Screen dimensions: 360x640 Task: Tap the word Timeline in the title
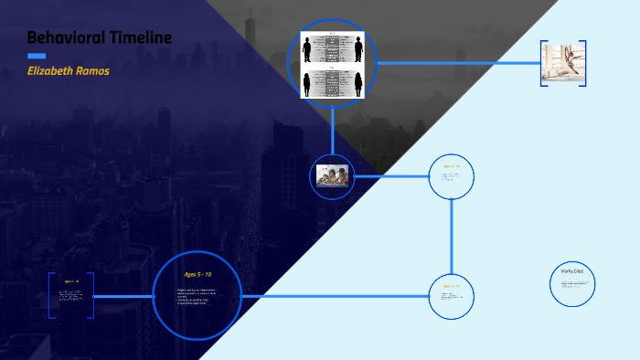138,37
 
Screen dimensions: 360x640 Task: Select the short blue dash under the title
36,56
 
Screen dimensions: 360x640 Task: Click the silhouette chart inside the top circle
333,63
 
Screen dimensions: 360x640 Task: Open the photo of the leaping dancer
563,63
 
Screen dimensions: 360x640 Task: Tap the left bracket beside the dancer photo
542,63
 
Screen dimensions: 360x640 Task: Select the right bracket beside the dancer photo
584,63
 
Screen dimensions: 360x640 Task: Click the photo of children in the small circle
335,175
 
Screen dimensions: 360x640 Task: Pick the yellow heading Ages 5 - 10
197,274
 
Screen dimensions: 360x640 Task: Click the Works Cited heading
572,271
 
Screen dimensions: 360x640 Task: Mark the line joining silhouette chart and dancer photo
457,63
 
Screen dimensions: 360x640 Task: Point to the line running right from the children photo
391,175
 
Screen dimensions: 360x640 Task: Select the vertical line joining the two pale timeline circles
452,236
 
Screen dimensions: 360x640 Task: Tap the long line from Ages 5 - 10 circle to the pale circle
335,296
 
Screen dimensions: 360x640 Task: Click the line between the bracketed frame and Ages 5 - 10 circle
123,296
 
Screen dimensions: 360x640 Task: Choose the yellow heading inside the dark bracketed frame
71,281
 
